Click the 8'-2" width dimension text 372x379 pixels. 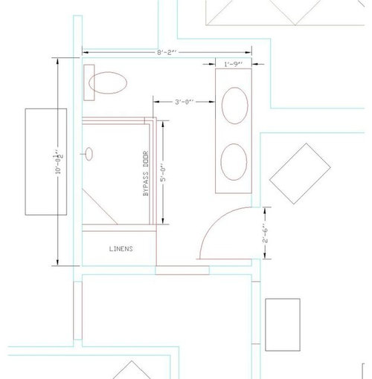pyautogui.click(x=167, y=53)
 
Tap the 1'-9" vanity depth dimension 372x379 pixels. pyautogui.click(x=233, y=65)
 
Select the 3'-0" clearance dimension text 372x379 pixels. pyautogui.click(x=184, y=102)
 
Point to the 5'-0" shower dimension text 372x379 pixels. pyautogui.click(x=163, y=172)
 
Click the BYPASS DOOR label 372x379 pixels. pyautogui.click(x=146, y=173)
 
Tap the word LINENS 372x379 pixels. pyautogui.click(x=121, y=249)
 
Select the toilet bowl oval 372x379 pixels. pyautogui.click(x=108, y=82)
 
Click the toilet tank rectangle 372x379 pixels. pyautogui.click(x=89, y=82)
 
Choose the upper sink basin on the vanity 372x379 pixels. pyautogui.click(x=235, y=106)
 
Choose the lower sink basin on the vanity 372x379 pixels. pyautogui.click(x=234, y=162)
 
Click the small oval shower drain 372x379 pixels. pyautogui.click(x=89, y=154)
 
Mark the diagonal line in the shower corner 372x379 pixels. pyautogui.click(x=100, y=207)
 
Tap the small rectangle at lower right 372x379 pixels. pyautogui.click(x=283, y=325)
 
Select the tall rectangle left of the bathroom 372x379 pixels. pyautogui.click(x=46, y=162)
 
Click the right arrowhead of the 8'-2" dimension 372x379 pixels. pyautogui.click(x=248, y=53)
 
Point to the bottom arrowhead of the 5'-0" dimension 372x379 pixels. pyautogui.click(x=163, y=221)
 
